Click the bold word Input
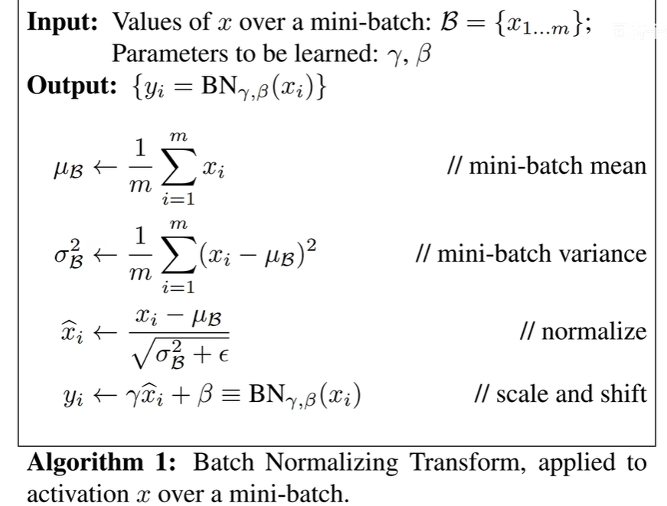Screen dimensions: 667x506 64,22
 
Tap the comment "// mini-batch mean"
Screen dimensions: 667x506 546,165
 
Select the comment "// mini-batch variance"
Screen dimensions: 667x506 530,253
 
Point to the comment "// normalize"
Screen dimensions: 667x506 582,331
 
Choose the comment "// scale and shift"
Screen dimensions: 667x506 561,393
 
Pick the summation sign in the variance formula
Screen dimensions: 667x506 178,254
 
